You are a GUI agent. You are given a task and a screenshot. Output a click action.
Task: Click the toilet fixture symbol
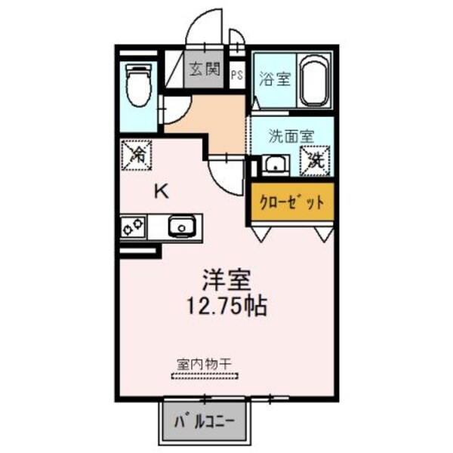click(137, 85)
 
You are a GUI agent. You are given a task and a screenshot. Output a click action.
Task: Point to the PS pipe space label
click(237, 75)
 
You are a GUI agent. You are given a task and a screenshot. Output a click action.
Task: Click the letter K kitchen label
click(162, 191)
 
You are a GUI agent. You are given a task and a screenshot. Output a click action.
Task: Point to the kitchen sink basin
click(181, 226)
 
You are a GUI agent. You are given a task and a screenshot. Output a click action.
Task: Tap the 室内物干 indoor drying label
click(203, 363)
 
